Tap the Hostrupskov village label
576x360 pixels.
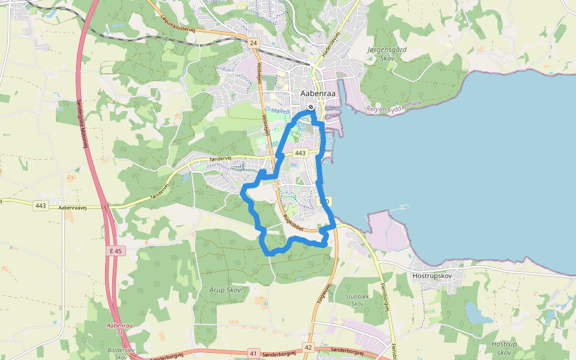(x=440, y=275)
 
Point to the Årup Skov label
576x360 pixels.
(x=226, y=290)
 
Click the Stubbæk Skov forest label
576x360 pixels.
(x=357, y=300)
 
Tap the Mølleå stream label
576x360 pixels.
(x=280, y=111)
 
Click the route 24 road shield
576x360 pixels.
(x=254, y=44)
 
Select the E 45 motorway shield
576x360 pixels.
(x=116, y=251)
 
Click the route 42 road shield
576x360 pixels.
(x=308, y=347)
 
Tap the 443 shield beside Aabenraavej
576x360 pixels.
(x=41, y=206)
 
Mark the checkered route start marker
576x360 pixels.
(x=311, y=107)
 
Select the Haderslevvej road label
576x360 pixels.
(x=331, y=44)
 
